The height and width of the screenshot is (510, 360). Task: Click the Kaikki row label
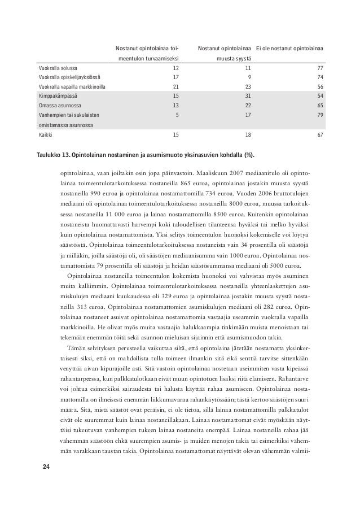pyautogui.click(x=43, y=135)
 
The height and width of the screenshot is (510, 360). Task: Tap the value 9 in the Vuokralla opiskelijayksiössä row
pyautogui.click(x=249, y=77)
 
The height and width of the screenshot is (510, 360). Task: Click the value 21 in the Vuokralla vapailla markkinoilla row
pyautogui.click(x=175, y=87)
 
